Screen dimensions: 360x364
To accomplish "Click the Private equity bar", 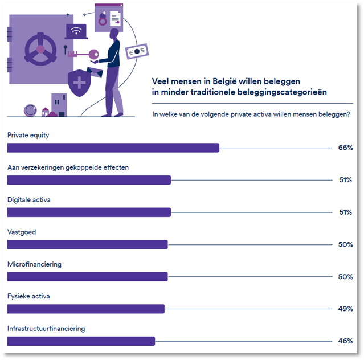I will click(x=113, y=148).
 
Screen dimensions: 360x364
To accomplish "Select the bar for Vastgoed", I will click(x=87, y=244).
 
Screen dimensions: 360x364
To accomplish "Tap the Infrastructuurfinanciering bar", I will click(x=81, y=341).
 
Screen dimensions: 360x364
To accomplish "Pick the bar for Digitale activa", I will click(x=89, y=212).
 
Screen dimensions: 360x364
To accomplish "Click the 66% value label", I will click(x=345, y=148).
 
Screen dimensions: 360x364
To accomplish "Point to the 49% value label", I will click(x=345, y=309).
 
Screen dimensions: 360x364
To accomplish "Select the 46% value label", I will click(x=345, y=341).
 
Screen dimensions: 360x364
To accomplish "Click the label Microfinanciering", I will click(x=34, y=265).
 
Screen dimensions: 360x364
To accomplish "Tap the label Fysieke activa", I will click(x=28, y=297).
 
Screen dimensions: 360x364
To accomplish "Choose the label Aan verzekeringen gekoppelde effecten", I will click(x=68, y=167).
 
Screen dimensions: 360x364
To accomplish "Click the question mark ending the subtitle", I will click(x=348, y=114).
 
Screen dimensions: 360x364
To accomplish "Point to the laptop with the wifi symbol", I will click(x=76, y=31).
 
